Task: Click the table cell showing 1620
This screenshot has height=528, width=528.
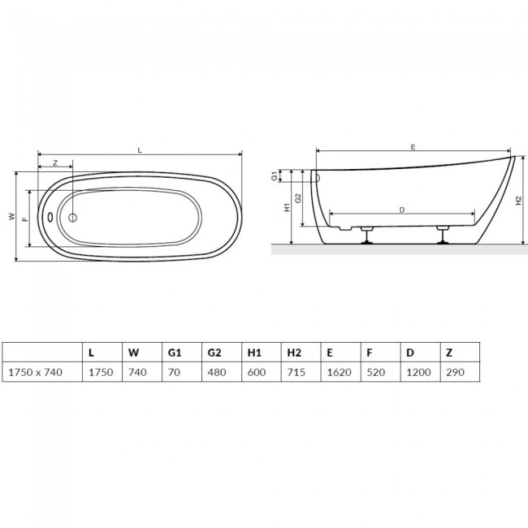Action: (x=339, y=372)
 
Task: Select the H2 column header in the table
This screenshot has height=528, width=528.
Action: (x=293, y=353)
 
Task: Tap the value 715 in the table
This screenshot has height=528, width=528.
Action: (x=296, y=372)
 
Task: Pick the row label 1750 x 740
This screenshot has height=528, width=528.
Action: (x=36, y=372)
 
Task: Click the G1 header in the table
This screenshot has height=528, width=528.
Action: (x=175, y=353)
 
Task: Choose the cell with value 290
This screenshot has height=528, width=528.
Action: (x=455, y=372)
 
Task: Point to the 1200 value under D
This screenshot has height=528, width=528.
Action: (x=418, y=372)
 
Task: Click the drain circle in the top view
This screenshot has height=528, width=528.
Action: (x=72, y=218)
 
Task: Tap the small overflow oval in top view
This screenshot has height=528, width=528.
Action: (x=50, y=217)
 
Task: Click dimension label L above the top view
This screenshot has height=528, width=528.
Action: (x=140, y=150)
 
